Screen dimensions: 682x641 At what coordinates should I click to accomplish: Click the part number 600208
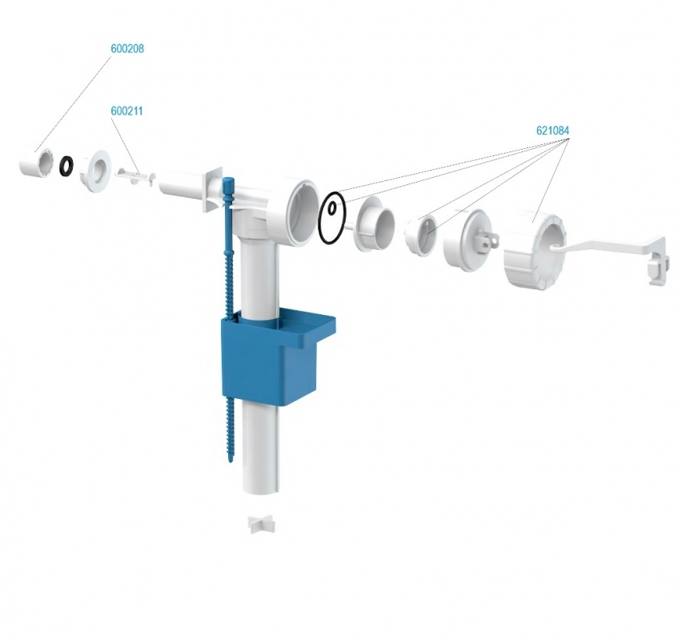pyautogui.click(x=127, y=49)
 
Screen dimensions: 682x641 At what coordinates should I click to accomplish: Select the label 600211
pyautogui.click(x=126, y=111)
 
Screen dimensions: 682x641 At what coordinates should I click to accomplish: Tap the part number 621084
pyautogui.click(x=552, y=131)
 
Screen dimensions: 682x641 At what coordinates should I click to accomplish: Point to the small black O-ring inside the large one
pyautogui.click(x=332, y=208)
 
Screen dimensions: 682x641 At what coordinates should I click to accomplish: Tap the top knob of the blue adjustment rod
pyautogui.click(x=228, y=183)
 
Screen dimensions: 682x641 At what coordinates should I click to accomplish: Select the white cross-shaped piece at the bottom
pyautogui.click(x=262, y=524)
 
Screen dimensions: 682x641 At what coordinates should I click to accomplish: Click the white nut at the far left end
pyautogui.click(x=37, y=163)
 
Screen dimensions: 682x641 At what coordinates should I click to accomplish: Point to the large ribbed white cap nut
pyautogui.click(x=535, y=248)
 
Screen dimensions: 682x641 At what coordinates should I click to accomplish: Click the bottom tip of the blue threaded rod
pyautogui.click(x=230, y=461)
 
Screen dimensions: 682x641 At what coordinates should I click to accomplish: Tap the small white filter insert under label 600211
pyautogui.click(x=136, y=177)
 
